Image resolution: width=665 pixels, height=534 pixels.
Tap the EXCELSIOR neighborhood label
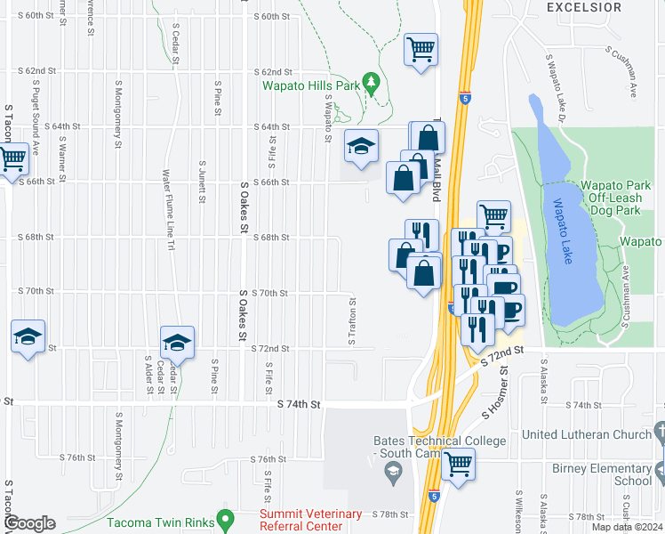click(583, 7)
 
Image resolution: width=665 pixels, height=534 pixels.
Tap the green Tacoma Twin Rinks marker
click(225, 517)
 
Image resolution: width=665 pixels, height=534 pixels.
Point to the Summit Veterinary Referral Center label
click(310, 520)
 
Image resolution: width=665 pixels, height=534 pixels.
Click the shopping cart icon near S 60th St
click(421, 49)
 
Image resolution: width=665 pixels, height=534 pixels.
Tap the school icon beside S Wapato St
click(361, 146)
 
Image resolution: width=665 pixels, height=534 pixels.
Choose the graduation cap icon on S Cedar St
click(177, 343)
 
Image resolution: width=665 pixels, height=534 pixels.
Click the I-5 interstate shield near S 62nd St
click(463, 101)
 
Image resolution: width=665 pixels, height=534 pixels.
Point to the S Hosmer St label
click(494, 392)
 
